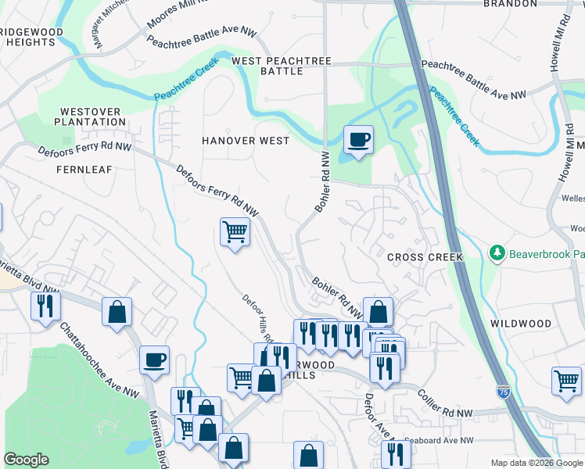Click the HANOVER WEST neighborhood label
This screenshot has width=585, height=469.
pos(245,141)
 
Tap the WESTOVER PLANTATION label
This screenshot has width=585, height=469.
pos(91,116)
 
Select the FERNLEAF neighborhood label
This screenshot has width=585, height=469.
pos(84,169)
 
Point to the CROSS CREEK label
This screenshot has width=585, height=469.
pos(425,257)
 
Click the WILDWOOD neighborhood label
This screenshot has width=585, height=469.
pos(520,323)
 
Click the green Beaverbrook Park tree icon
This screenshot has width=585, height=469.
pos(496,252)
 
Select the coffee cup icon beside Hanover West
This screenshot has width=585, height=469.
pos(359,140)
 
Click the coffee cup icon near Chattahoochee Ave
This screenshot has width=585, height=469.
pos(154,360)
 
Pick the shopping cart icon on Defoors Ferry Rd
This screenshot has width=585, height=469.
pos(235,231)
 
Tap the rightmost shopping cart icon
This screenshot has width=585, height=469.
pos(566,381)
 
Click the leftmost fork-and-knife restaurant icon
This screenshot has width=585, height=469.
pos(45,305)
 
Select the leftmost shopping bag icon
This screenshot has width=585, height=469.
pos(117,312)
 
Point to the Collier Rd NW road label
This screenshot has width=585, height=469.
pos(445,403)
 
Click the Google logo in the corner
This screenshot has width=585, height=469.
pos(26,460)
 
